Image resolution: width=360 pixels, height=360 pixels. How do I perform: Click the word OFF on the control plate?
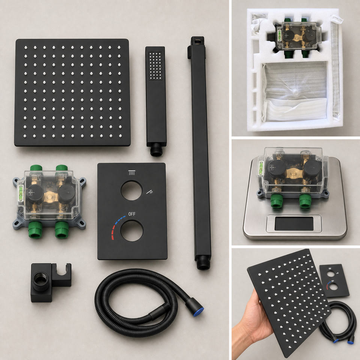click(132, 214)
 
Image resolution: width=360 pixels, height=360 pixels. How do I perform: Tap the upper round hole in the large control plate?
click(132, 190)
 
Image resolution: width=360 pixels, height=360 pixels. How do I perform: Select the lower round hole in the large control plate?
click(132, 231)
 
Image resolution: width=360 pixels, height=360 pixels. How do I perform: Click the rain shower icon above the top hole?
click(132, 172)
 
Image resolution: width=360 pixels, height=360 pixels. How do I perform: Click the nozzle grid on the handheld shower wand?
click(155, 66)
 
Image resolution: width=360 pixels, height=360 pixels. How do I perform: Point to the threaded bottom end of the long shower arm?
click(203, 263)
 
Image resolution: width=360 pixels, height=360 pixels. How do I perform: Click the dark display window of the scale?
click(294, 224)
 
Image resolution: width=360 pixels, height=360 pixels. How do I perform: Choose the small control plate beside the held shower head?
click(334, 280)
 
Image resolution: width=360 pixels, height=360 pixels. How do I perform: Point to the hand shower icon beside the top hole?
click(150, 192)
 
